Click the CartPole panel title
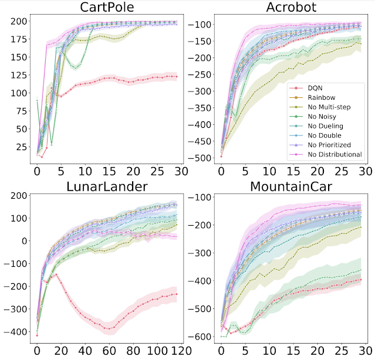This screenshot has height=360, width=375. [x=107, y=8]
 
